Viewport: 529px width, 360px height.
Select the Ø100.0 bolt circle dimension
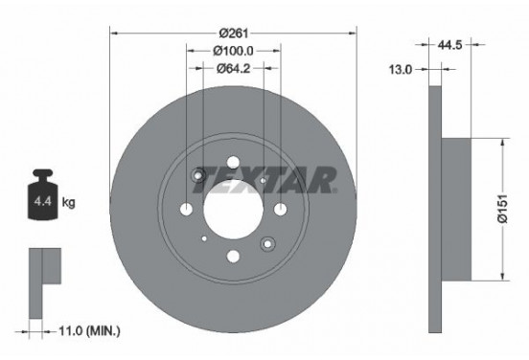point(233,50)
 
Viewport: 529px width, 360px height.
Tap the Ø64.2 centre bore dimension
point(233,68)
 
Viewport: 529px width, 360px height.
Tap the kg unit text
point(68,204)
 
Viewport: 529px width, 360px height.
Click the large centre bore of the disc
point(232,209)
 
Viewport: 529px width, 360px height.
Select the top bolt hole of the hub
point(233,161)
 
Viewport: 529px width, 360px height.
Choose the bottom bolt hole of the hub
point(232,257)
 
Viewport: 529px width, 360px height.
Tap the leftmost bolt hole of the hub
point(186,209)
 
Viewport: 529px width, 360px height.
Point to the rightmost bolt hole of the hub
point(279,209)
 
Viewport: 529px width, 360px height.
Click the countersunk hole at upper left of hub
point(199,174)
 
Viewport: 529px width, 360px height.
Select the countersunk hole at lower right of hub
point(265,242)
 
